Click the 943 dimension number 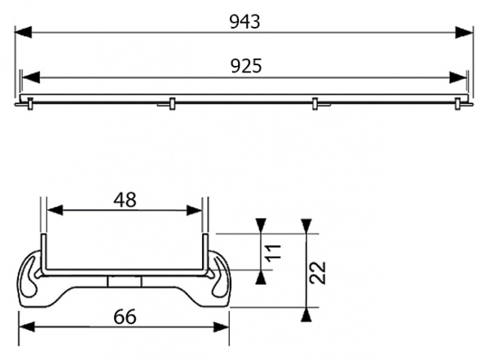click(x=244, y=22)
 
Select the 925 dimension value click(x=244, y=66)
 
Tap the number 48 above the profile click(x=124, y=200)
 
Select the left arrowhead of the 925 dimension click(x=27, y=77)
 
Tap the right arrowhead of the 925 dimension click(x=461, y=77)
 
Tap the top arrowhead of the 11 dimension click(x=261, y=226)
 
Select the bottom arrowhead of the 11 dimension click(x=261, y=278)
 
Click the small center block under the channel click(x=124, y=280)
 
